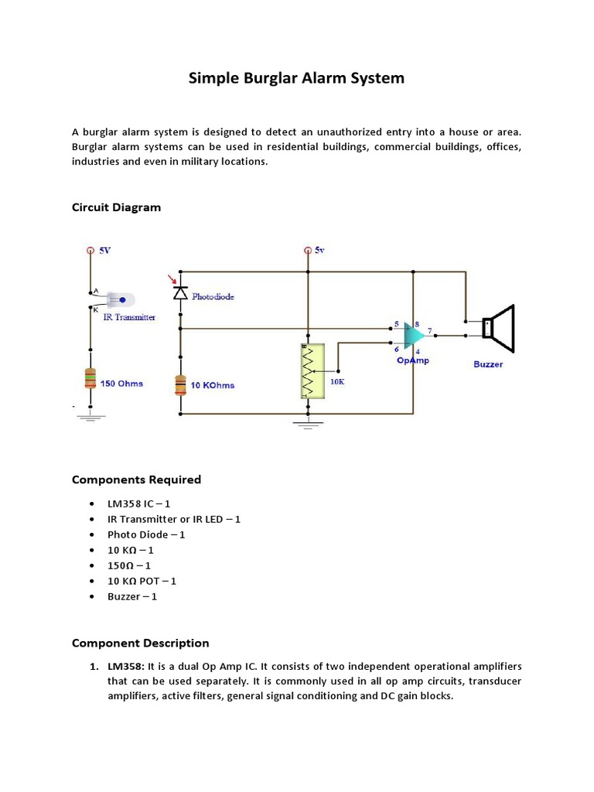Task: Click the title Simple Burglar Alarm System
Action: coord(296,78)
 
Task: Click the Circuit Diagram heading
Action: coord(116,207)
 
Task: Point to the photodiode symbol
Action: coord(180,293)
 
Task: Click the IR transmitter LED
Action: coord(121,299)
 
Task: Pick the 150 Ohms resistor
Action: coord(90,379)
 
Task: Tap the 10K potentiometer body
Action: coord(309,370)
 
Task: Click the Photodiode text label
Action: coord(213,296)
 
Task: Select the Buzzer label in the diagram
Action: coord(488,364)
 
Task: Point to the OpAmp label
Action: coord(412,360)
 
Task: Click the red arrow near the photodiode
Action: coord(172,279)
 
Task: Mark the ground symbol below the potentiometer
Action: coord(309,424)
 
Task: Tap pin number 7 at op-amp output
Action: coord(429,330)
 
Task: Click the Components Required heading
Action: coord(136,480)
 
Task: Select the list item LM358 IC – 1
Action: coord(138,504)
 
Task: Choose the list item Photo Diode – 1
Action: coord(146,534)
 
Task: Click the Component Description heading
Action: coord(140,643)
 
